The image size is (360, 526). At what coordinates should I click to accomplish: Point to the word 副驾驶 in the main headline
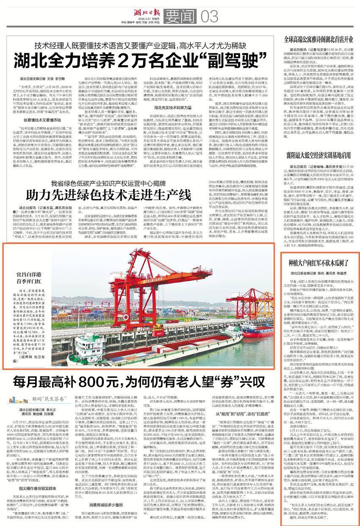coord(224,60)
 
